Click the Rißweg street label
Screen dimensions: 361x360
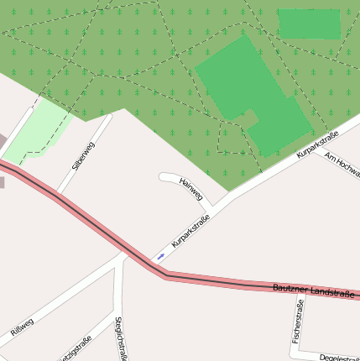pos(22,328)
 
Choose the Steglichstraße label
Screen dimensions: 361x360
pos(121,338)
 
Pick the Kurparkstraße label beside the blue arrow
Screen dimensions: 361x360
pos(190,231)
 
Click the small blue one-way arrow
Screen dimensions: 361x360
pos(160,255)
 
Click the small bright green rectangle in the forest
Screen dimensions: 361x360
pos(309,24)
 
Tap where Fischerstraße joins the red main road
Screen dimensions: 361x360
pos(300,288)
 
